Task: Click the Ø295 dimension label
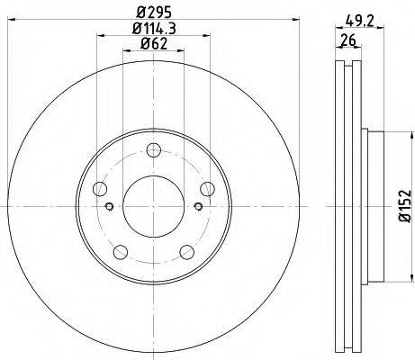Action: (153, 13)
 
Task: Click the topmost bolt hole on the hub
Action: (153, 150)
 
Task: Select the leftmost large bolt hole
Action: (100, 189)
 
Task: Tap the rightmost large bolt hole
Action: (207, 188)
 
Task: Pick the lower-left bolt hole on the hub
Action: (121, 251)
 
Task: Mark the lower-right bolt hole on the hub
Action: (186, 251)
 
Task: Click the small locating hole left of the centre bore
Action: (110, 206)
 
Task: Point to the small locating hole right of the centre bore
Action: (197, 206)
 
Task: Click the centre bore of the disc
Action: (153, 206)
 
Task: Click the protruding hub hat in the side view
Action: (377, 206)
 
